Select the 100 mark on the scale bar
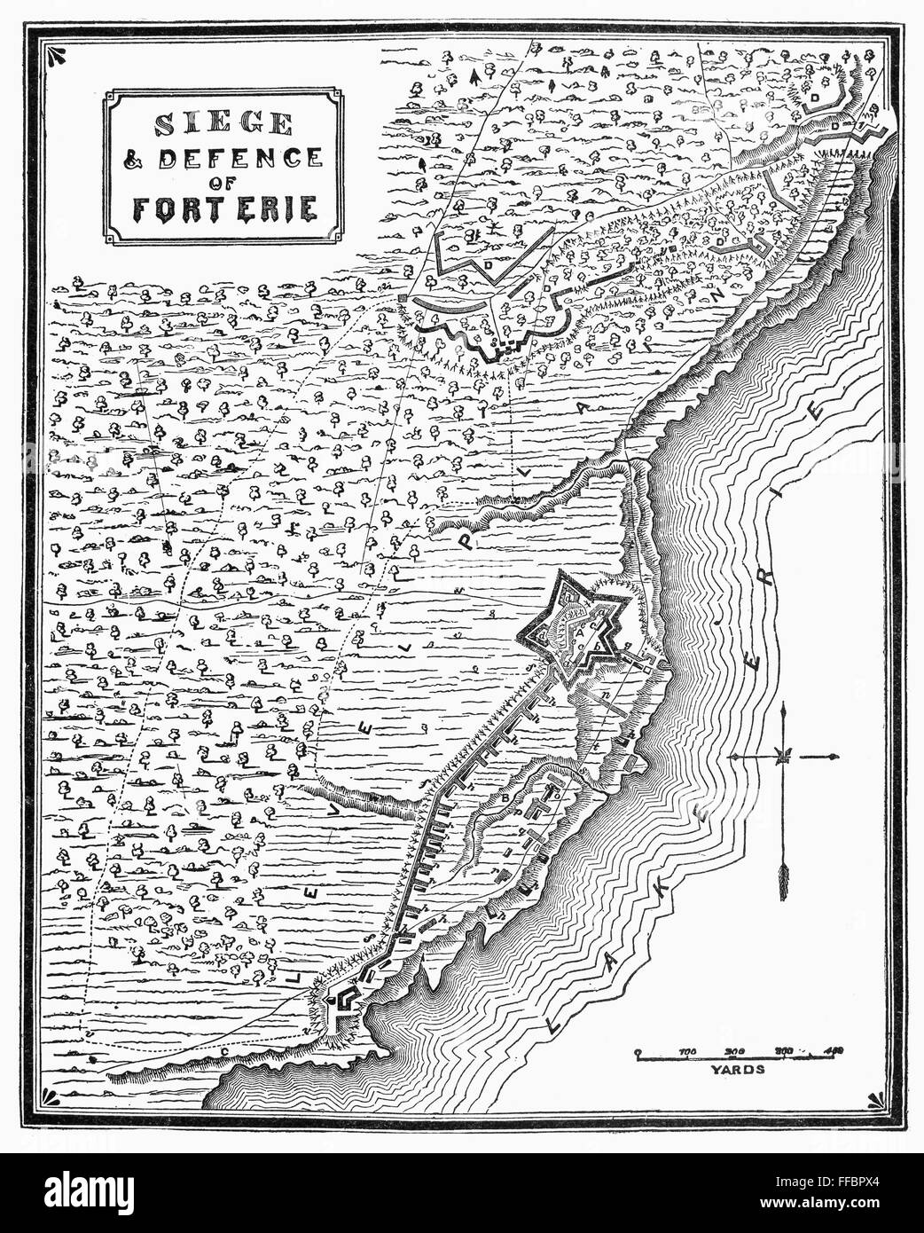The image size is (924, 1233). coord(687,1052)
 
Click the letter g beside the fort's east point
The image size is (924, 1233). coord(628,647)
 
